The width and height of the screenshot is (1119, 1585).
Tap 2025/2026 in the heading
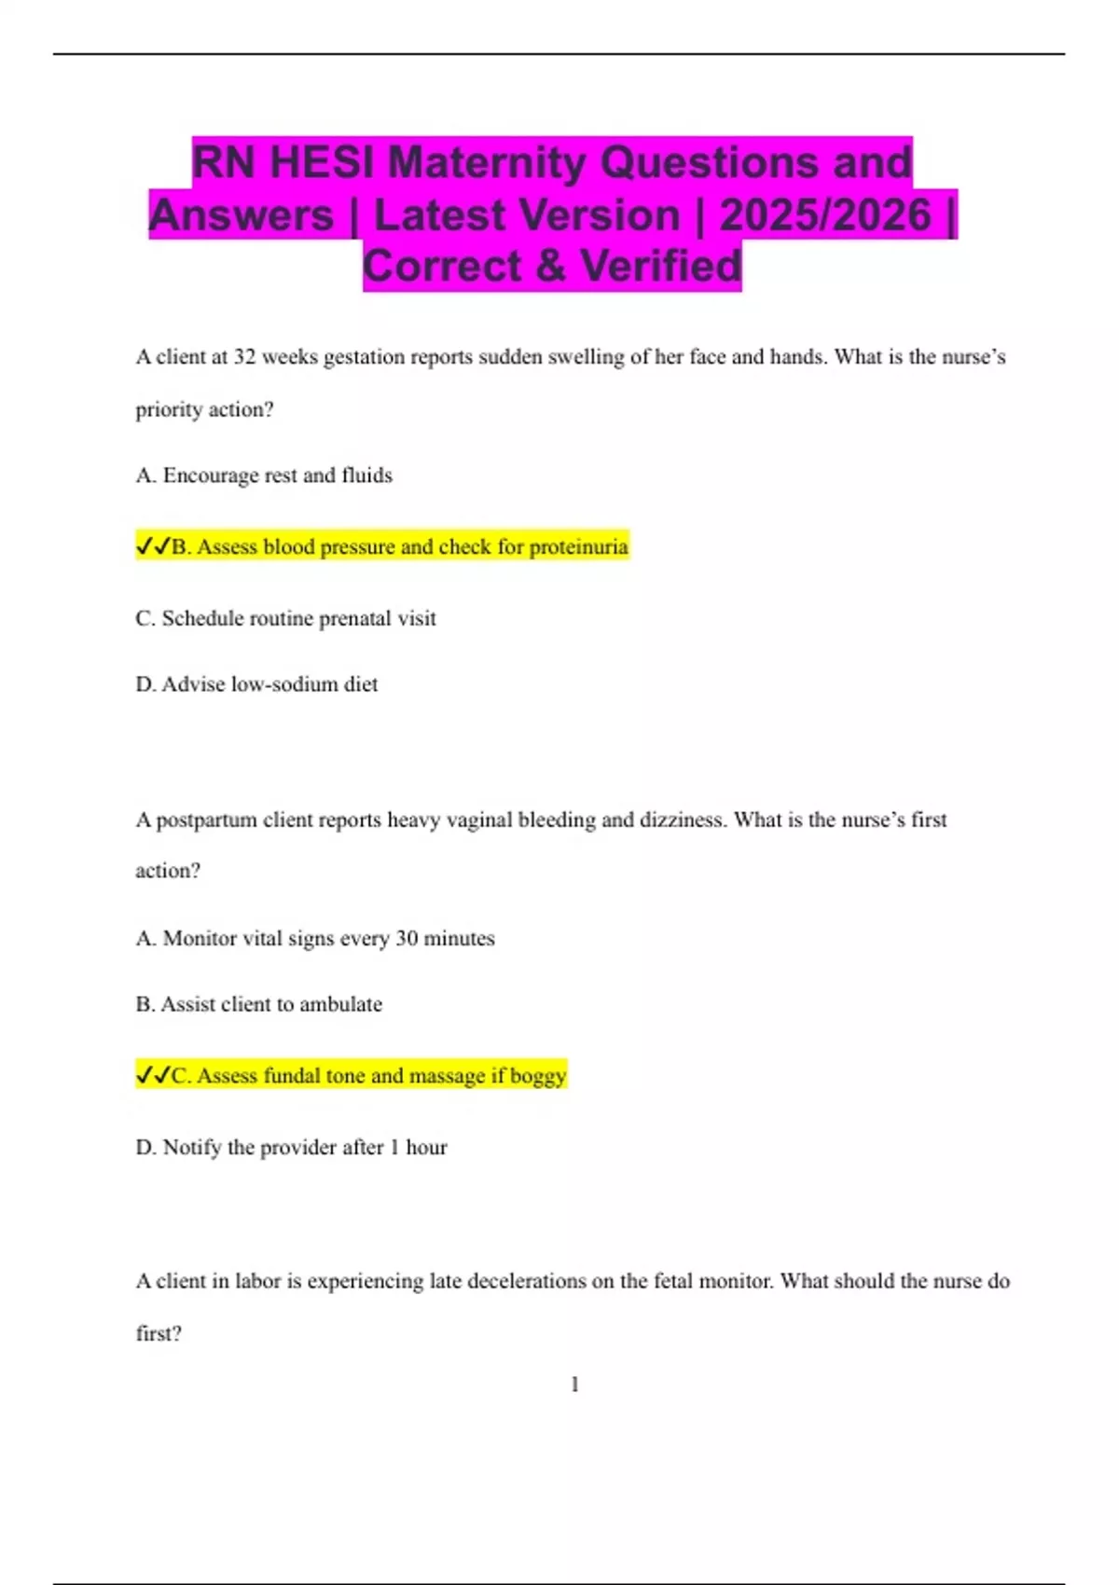point(824,215)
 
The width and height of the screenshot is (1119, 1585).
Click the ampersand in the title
point(550,267)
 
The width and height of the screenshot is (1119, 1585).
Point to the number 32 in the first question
point(244,357)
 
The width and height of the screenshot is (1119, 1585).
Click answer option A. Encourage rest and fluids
point(264,475)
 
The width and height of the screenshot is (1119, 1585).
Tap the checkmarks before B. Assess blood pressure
point(153,547)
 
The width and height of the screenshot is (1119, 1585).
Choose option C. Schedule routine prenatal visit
point(285,619)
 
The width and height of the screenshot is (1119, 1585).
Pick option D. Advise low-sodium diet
point(256,684)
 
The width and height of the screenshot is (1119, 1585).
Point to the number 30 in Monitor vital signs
point(407,939)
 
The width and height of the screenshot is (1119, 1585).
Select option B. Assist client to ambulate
point(258,1005)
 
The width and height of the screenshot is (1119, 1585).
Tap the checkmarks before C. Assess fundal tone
point(153,1076)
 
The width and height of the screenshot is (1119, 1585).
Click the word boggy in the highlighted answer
point(538,1077)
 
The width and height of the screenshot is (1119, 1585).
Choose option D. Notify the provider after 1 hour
point(291,1148)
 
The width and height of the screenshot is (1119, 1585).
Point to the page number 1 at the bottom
point(574,1385)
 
